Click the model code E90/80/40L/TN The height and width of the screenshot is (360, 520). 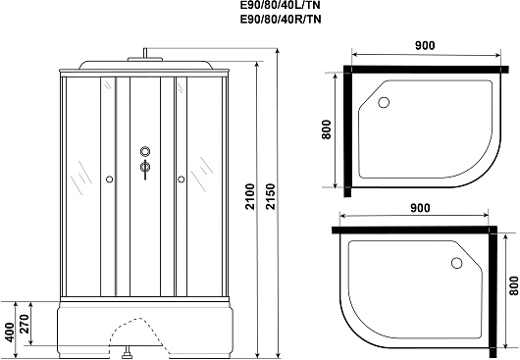[x=281, y=6]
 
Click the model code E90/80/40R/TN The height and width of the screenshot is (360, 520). [x=281, y=20]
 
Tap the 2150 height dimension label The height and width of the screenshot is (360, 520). [x=271, y=196]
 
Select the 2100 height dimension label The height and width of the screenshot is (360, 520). [x=250, y=196]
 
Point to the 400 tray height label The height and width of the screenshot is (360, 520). [x=10, y=333]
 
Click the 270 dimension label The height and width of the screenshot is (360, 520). [x=25, y=324]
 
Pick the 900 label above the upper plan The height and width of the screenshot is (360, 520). [x=425, y=45]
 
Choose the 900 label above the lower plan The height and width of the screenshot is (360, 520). [x=420, y=208]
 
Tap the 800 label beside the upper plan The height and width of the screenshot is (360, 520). [x=327, y=129]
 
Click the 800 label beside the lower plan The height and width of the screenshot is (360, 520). [x=514, y=285]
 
